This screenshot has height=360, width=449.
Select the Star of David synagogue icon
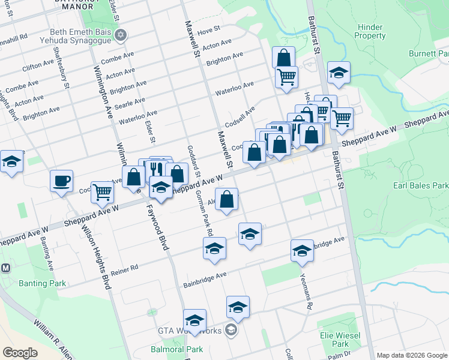click(121, 34)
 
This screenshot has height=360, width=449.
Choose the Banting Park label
click(42, 283)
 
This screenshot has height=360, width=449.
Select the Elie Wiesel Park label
click(340, 340)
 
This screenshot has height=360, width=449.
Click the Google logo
click(20, 353)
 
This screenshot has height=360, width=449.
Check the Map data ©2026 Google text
click(412, 355)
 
